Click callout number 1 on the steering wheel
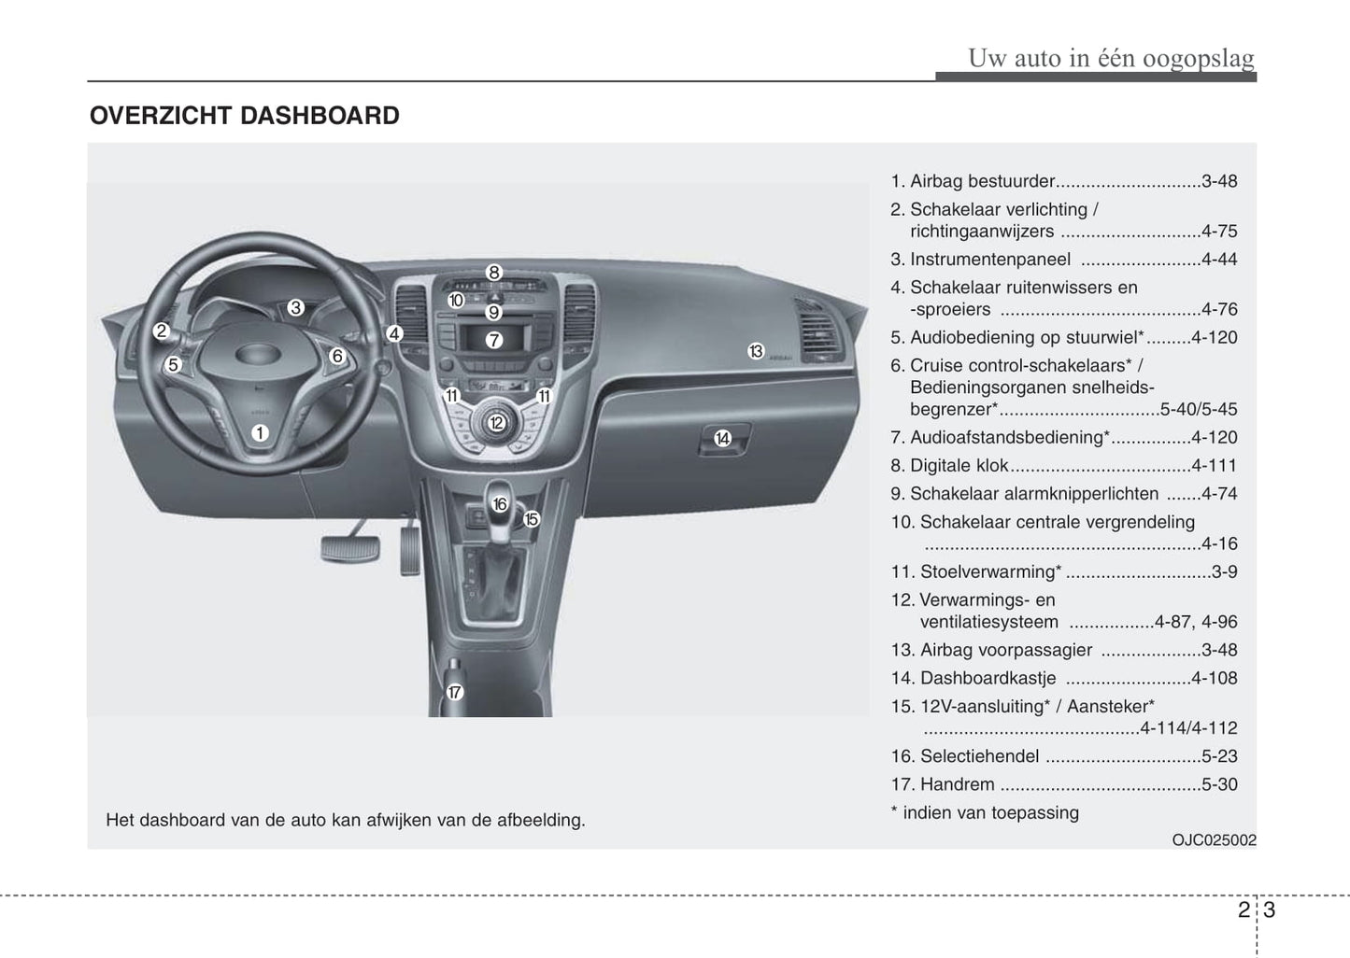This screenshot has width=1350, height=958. pyautogui.click(x=260, y=432)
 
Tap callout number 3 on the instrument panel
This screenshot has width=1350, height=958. pyautogui.click(x=295, y=307)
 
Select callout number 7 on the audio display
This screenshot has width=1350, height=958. pyautogui.click(x=494, y=341)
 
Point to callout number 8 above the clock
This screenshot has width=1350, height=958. pyautogui.click(x=494, y=273)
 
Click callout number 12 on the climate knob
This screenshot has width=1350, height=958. pyautogui.click(x=497, y=423)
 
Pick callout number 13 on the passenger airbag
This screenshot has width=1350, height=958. pyautogui.click(x=756, y=351)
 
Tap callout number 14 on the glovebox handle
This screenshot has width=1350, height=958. pyautogui.click(x=722, y=438)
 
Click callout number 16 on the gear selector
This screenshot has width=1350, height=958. pyautogui.click(x=500, y=504)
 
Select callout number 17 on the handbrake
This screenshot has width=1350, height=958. pyautogui.click(x=454, y=692)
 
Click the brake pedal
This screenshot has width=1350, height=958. pyautogui.click(x=350, y=548)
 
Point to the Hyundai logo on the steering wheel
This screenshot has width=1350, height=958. pyautogui.click(x=258, y=354)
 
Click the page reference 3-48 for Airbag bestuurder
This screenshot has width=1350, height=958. pyautogui.click(x=1219, y=181)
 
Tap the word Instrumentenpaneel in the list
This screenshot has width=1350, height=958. pyautogui.click(x=990, y=260)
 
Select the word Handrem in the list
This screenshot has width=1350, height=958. pyautogui.click(x=958, y=784)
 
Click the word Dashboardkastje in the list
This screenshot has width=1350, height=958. pyautogui.click(x=988, y=678)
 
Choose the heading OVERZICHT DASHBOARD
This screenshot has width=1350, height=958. pyautogui.click(x=245, y=116)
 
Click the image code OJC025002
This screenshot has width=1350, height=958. pyautogui.click(x=1214, y=840)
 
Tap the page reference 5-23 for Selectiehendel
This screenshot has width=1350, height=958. pyautogui.click(x=1219, y=756)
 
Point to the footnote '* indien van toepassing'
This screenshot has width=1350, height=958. pyautogui.click(x=985, y=812)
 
